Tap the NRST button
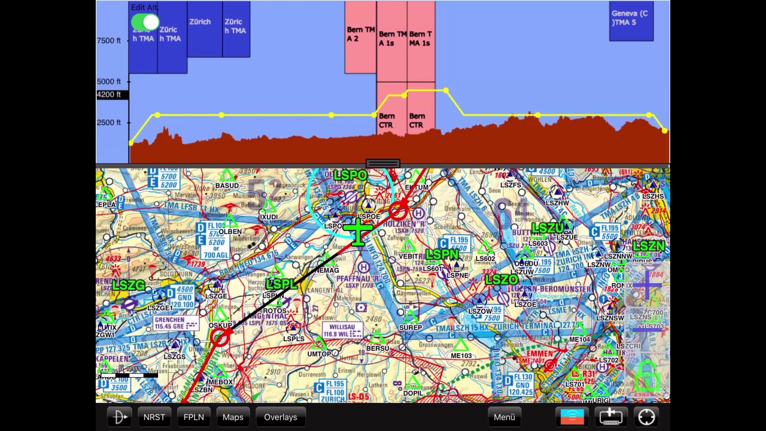click(154, 417)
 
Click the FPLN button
click(194, 417)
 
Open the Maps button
click(233, 417)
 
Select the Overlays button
click(281, 417)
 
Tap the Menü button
click(504, 417)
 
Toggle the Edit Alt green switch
click(145, 23)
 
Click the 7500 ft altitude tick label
click(109, 41)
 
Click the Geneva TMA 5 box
click(631, 21)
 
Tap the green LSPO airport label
click(350, 175)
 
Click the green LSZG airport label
click(129, 286)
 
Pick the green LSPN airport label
click(442, 255)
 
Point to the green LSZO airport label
click(501, 280)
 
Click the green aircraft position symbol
click(358, 230)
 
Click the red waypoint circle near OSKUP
click(220, 338)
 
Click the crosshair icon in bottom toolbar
click(646, 417)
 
